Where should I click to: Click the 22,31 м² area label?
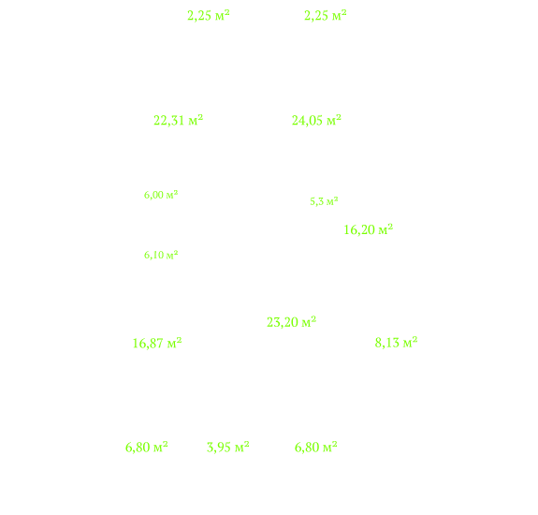[178, 121]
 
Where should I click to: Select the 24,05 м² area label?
[316, 121]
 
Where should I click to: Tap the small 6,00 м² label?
[161, 195]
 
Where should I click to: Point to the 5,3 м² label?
[324, 201]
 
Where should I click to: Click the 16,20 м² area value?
[368, 229]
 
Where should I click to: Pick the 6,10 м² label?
[161, 255]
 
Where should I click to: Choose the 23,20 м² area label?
[291, 322]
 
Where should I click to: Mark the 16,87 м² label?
[157, 344]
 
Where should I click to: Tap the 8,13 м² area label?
[396, 343]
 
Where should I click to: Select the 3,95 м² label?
[227, 448]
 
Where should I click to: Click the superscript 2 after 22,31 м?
[200, 118]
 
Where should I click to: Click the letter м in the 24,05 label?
[331, 122]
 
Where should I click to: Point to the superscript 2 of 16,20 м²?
[390, 227]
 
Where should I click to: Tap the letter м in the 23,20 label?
[306, 323]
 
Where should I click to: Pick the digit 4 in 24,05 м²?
[302, 121]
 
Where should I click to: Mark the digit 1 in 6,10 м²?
[153, 255]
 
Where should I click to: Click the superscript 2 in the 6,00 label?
[176, 193]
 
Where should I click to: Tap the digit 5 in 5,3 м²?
[313, 201]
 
